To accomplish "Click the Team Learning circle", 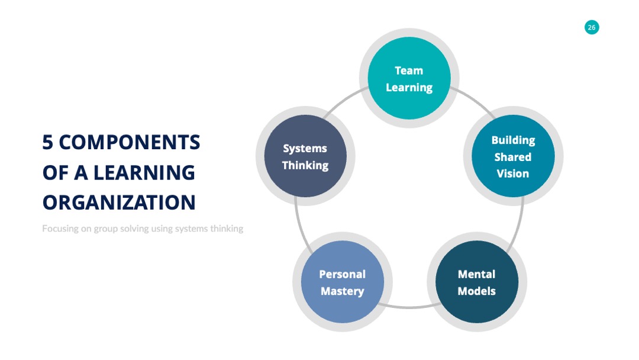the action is click(409, 78).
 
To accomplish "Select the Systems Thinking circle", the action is click(306, 156).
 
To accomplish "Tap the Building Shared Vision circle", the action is click(513, 156).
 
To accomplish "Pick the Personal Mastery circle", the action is click(343, 282).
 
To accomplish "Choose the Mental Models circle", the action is click(477, 282).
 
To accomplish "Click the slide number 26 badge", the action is click(592, 27).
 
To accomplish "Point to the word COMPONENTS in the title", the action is click(130, 142).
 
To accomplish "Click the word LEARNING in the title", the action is click(144, 172).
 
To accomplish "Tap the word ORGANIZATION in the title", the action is click(119, 202).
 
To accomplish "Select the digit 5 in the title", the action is click(48, 142).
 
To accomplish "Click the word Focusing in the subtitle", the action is click(60, 229).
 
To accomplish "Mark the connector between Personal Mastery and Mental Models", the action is click(409, 307).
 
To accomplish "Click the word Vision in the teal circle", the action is click(512, 173).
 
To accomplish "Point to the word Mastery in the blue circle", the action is click(343, 291).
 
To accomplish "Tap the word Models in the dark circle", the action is click(476, 291).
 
